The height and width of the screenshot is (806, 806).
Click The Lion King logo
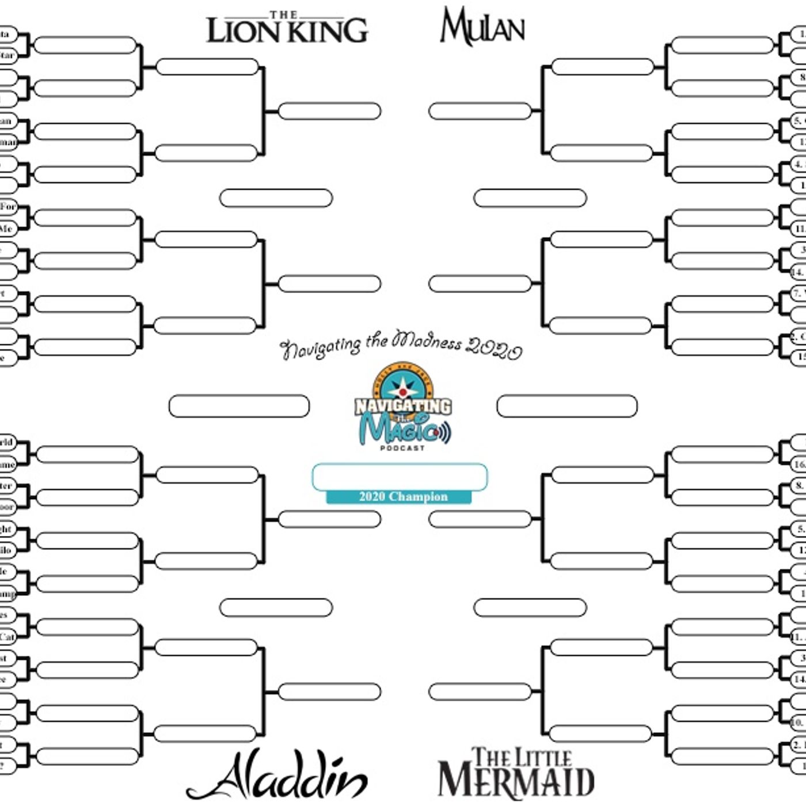point(287,28)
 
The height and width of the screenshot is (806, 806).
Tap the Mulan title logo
point(482,27)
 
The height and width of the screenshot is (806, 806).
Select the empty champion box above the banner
point(400,477)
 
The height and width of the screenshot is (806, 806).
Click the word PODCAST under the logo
point(402,448)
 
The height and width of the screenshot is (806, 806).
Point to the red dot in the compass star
point(402,392)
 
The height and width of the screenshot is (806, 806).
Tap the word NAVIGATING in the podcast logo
point(402,406)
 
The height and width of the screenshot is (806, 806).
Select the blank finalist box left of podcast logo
point(239,406)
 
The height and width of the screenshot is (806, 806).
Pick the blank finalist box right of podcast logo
point(567,406)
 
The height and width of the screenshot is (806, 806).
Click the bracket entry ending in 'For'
point(7,207)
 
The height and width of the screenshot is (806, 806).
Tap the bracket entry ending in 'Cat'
point(7,637)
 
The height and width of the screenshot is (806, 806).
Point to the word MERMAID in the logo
point(516,782)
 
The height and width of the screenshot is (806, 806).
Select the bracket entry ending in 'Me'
point(6,229)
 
